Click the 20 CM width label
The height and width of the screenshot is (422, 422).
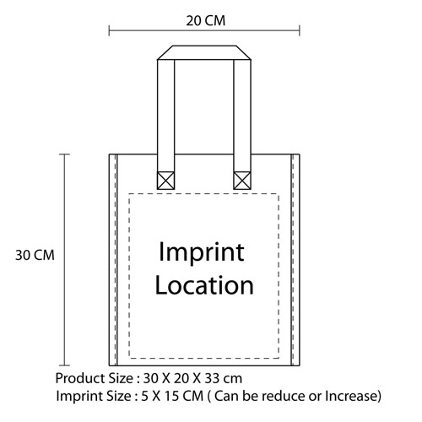click(x=206, y=21)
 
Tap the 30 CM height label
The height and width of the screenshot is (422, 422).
click(x=35, y=256)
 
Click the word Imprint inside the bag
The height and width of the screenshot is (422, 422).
click(x=202, y=252)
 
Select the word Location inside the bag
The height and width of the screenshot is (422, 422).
click(x=204, y=285)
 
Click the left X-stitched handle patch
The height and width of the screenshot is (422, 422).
click(x=165, y=181)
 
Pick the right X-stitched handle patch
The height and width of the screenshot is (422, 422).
click(x=242, y=181)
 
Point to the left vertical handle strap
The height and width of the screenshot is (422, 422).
click(x=165, y=116)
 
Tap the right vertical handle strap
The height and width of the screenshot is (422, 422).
click(x=242, y=116)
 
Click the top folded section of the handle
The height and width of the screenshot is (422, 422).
click(x=204, y=52)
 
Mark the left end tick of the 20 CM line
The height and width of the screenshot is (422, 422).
click(x=109, y=30)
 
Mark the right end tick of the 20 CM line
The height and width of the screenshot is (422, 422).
click(x=300, y=30)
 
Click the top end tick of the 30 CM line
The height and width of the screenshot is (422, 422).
click(x=64, y=154)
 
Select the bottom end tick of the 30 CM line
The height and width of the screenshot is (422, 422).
click(x=64, y=365)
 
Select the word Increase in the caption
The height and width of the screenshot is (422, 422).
click(x=351, y=396)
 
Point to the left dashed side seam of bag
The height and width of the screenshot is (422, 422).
click(x=115, y=260)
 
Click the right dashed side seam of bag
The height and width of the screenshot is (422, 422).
click(x=293, y=260)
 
